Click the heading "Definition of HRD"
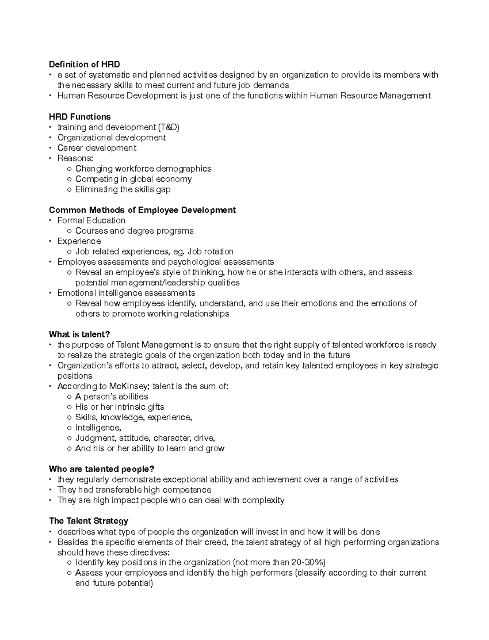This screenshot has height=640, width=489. click(84, 64)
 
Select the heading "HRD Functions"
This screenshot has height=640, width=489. click(79, 117)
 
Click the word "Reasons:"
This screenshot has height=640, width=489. click(75, 158)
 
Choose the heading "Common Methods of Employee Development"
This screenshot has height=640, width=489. click(142, 210)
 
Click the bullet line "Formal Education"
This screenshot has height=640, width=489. click(91, 221)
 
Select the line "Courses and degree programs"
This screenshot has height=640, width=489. click(134, 231)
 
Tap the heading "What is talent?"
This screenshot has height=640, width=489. click(79, 334)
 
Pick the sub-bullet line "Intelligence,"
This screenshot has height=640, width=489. click(98, 428)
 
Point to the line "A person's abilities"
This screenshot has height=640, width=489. click(112, 397)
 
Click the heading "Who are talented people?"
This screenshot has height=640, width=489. click(101, 469)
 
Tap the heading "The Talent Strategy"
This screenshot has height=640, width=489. click(88, 521)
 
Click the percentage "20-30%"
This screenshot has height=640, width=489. click(308, 563)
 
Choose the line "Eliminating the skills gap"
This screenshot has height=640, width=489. click(123, 190)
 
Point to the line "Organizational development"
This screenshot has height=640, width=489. click(111, 138)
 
